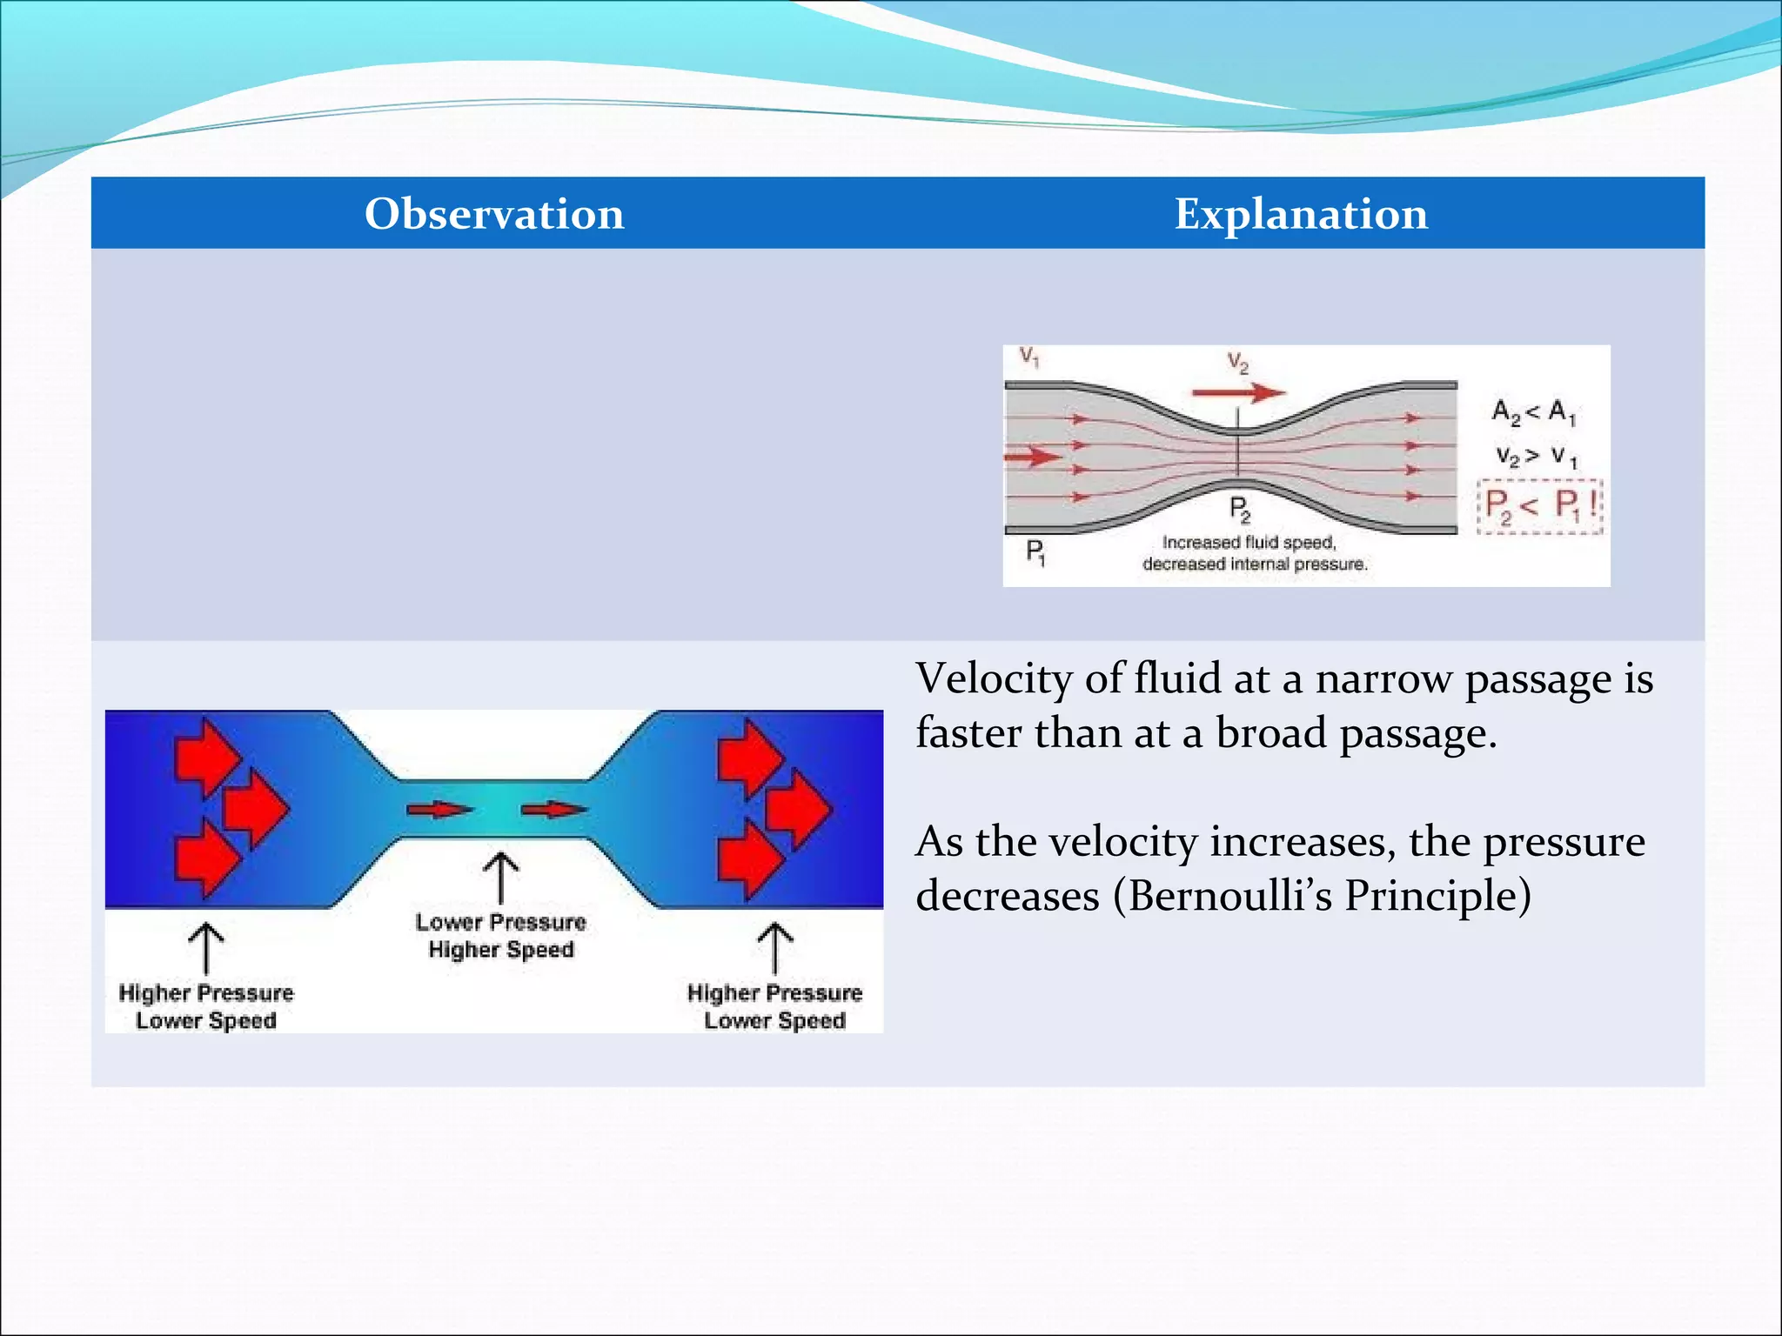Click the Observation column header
pos(494,214)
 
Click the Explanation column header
pos(1301,214)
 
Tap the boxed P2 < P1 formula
pos(1540,505)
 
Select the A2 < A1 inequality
pos(1533,411)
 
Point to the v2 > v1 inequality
pos(1536,456)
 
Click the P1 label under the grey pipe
pos(1035,551)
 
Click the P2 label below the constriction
pos(1239,509)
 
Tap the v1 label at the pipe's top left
pos(1029,357)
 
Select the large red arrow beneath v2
pos(1238,393)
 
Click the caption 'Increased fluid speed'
pos(1249,543)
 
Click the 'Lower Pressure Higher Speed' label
pos(501,936)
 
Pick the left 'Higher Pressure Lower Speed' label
pos(206,1006)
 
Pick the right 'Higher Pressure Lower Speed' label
pos(774,1006)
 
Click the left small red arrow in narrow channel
pos(439,810)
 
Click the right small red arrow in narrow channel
pos(553,810)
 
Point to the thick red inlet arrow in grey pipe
pos(1033,457)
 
